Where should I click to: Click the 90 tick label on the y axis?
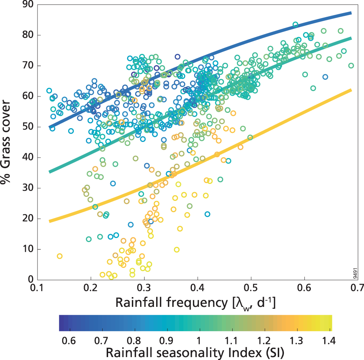(x=27, y=5)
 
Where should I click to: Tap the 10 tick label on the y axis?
(x=27, y=249)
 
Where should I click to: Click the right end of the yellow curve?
(x=351, y=90)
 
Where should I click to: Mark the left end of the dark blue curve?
(x=50, y=127)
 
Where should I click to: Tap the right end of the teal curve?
(x=351, y=38)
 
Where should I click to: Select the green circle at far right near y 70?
(x=351, y=66)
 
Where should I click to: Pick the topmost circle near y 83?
(x=296, y=25)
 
